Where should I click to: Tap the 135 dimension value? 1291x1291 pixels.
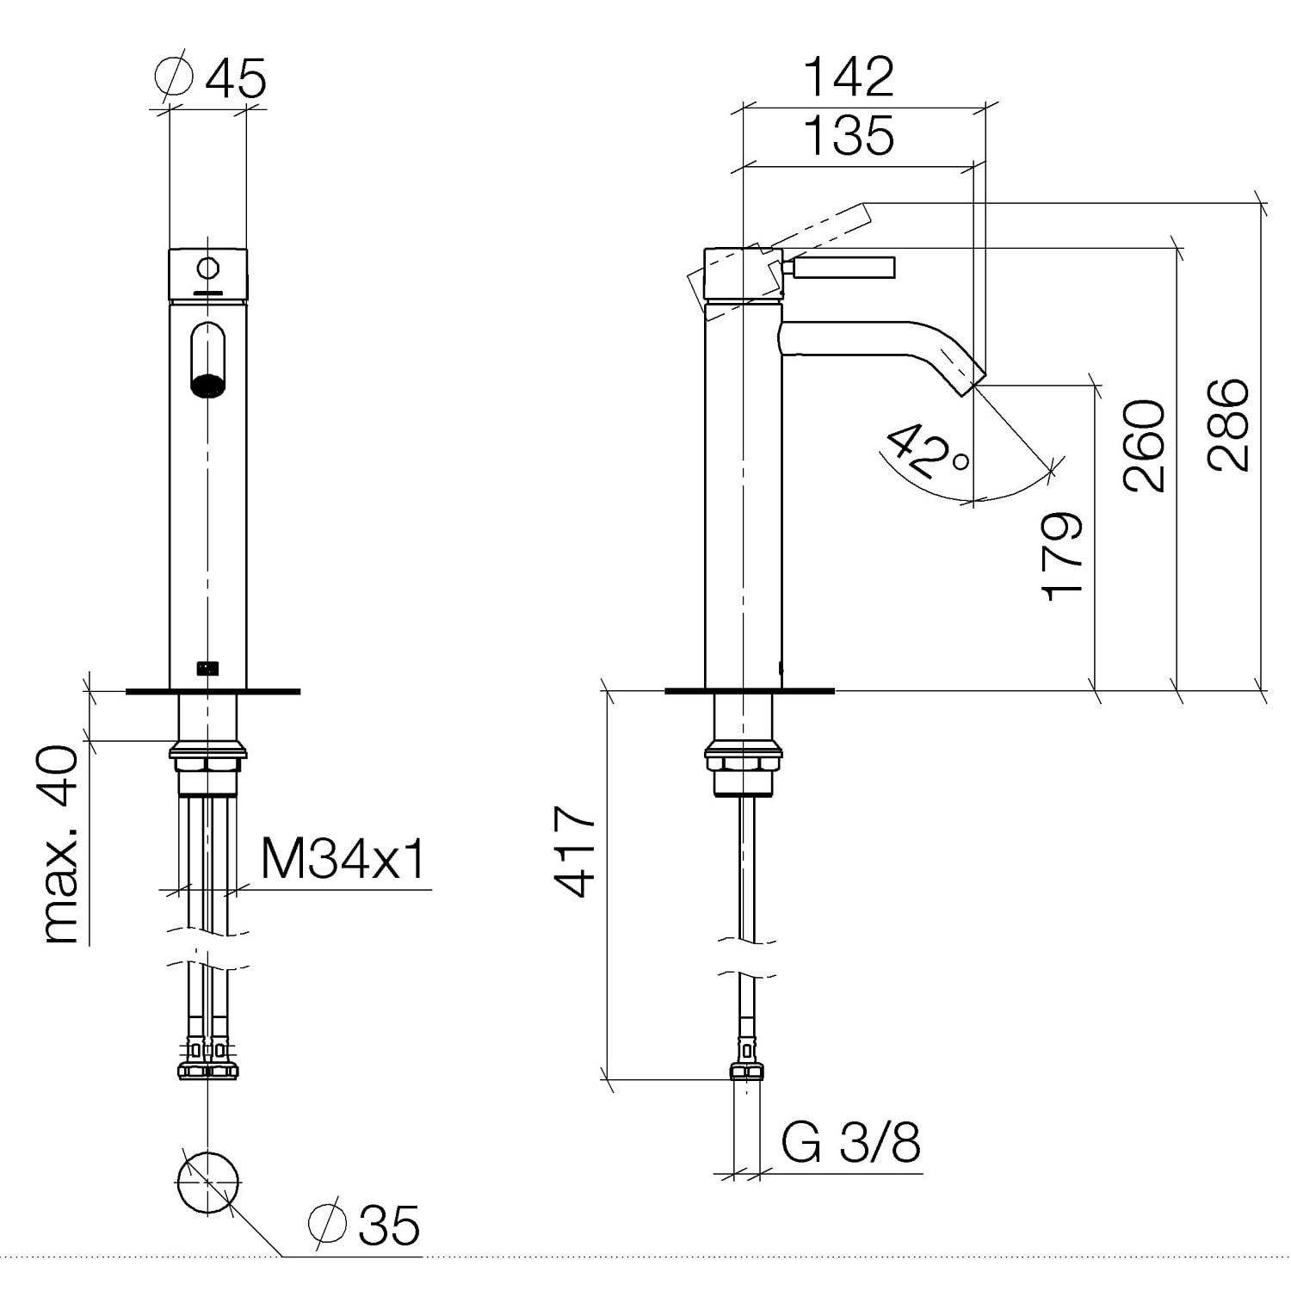pyautogui.click(x=849, y=135)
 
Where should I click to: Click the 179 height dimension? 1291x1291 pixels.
pyautogui.click(x=1061, y=556)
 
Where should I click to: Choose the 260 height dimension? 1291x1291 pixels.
pyautogui.click(x=1144, y=445)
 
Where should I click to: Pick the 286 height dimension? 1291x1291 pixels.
pyautogui.click(x=1226, y=424)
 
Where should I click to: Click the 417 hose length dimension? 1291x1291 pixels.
pyautogui.click(x=575, y=850)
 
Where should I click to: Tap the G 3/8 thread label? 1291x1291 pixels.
pyautogui.click(x=850, y=1142)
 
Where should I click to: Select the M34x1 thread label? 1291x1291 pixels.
pyautogui.click(x=343, y=858)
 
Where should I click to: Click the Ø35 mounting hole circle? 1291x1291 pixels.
pyautogui.click(x=207, y=1182)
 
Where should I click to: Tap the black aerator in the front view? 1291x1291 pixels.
pyautogui.click(x=207, y=386)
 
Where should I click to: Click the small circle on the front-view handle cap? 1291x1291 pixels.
pyautogui.click(x=207, y=269)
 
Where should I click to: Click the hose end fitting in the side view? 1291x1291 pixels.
pyautogui.click(x=746, y=1060)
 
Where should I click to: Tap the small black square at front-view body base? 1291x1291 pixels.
pyautogui.click(x=207, y=666)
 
